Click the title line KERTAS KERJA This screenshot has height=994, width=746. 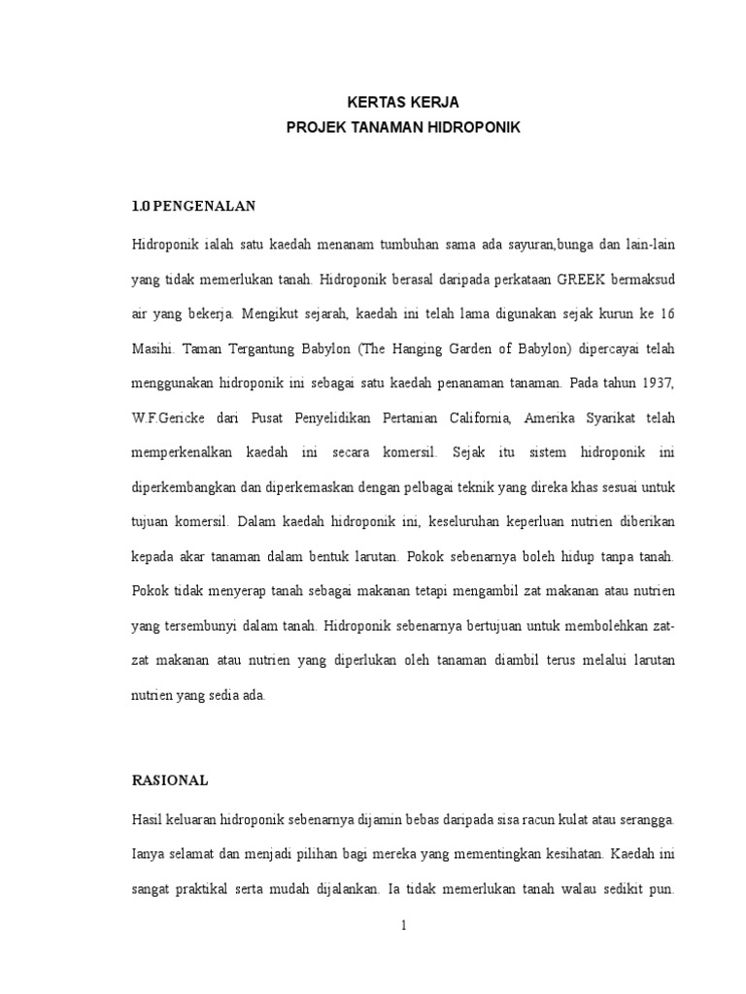pos(390,102)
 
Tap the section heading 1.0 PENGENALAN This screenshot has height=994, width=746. pos(192,206)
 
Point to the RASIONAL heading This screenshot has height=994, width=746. pos(170,779)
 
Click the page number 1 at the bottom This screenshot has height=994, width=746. pos(403,926)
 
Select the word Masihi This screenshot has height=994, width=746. pos(153,348)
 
